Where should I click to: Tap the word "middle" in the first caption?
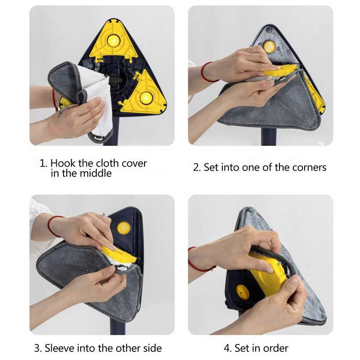[95, 173]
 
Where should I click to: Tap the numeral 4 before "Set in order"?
[227, 348]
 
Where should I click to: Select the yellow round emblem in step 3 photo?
[123, 228]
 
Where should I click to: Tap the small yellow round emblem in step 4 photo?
[243, 292]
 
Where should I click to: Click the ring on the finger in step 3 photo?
[103, 216]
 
